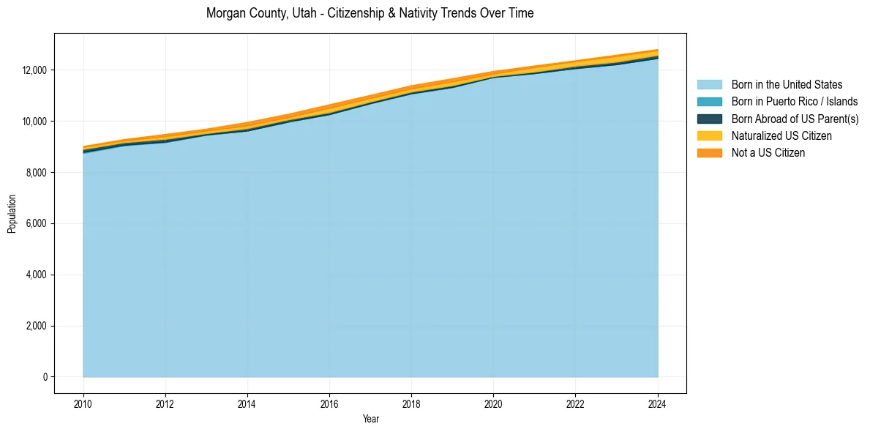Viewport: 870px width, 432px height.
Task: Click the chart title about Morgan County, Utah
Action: click(x=370, y=13)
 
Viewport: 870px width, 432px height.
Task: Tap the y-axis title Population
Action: click(x=12, y=214)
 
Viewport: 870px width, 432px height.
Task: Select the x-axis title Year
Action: click(x=370, y=419)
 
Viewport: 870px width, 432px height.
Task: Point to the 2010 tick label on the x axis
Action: click(x=83, y=403)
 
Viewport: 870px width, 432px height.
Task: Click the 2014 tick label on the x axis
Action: click(x=247, y=403)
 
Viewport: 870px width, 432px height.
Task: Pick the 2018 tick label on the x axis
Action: click(x=412, y=403)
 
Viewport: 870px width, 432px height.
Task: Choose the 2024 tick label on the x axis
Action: click(x=658, y=403)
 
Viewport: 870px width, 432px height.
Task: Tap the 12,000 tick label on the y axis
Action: click(x=34, y=70)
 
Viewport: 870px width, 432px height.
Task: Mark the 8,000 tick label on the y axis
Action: click(x=36, y=173)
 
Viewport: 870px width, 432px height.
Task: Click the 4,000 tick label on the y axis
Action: click(x=36, y=275)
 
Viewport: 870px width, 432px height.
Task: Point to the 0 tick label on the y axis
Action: click(x=44, y=377)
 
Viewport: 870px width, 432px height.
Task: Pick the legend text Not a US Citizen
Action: click(x=768, y=153)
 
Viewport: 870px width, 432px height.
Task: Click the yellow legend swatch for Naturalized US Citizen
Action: click(x=709, y=135)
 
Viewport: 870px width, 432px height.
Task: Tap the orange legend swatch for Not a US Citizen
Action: click(x=709, y=153)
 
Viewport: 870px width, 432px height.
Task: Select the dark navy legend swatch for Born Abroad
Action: click(x=709, y=119)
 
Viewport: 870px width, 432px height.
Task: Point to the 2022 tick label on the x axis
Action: click(x=576, y=403)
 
